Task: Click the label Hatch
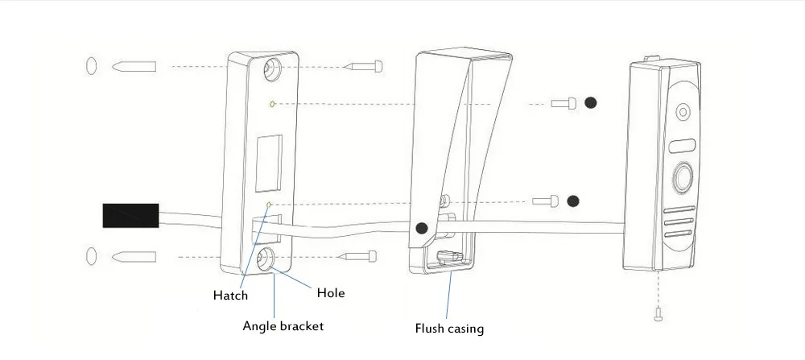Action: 230,296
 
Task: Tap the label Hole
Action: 331,293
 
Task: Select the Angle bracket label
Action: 283,326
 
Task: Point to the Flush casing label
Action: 449,328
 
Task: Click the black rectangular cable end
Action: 130,216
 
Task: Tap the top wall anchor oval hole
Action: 91,66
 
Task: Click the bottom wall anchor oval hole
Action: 91,256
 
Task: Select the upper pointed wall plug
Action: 134,66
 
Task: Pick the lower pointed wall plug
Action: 134,256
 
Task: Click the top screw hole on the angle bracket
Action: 272,70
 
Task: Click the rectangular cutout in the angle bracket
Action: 269,163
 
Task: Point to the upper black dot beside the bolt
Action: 591,103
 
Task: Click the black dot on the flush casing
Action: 422,228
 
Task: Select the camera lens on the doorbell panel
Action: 683,112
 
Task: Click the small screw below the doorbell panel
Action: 658,313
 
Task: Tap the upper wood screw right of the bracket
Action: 364,66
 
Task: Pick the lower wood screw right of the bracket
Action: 359,256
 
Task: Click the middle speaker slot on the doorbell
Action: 679,222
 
